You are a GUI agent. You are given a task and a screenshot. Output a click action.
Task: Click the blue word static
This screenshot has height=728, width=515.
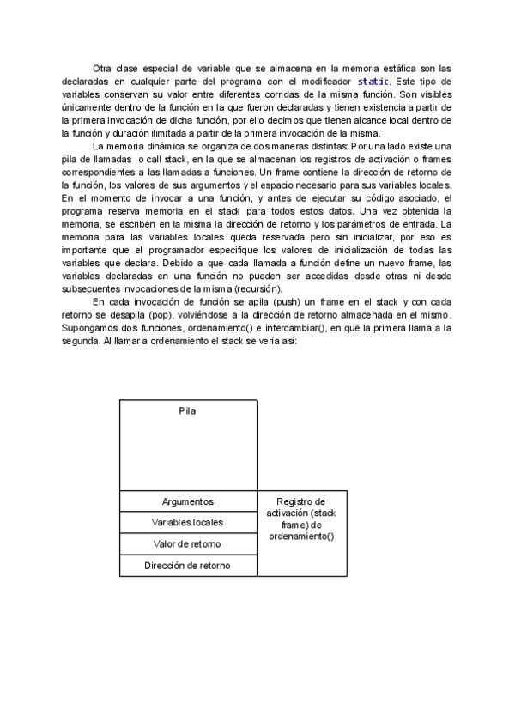(373, 80)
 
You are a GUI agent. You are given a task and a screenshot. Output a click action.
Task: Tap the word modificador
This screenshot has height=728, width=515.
(323, 80)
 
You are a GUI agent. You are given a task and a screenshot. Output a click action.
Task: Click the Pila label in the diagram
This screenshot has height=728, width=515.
(187, 410)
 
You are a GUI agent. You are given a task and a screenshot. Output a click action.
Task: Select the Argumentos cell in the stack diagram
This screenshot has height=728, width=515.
(188, 501)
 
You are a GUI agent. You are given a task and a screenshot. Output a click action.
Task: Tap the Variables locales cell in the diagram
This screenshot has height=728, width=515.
(188, 522)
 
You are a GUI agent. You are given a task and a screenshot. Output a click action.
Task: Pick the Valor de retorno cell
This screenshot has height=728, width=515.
(188, 544)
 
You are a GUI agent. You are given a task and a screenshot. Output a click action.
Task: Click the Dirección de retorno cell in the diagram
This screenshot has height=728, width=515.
(188, 566)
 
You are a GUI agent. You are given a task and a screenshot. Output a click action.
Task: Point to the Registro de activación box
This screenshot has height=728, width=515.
(301, 519)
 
